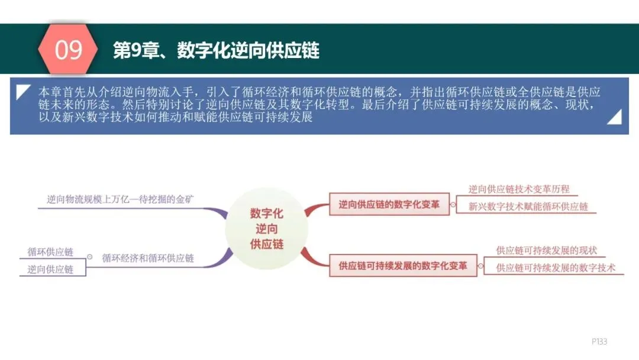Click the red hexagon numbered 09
click(69, 50)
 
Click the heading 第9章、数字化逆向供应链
click(216, 50)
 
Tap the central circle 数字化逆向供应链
click(266, 229)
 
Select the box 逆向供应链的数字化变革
click(389, 205)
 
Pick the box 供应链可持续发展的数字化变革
click(402, 266)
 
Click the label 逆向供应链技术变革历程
click(519, 189)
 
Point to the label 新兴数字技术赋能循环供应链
click(528, 207)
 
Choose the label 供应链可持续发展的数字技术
click(555, 268)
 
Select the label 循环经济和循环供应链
click(148, 258)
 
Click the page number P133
click(599, 342)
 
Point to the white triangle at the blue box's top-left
click(22, 91)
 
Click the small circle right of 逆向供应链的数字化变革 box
click(453, 205)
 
